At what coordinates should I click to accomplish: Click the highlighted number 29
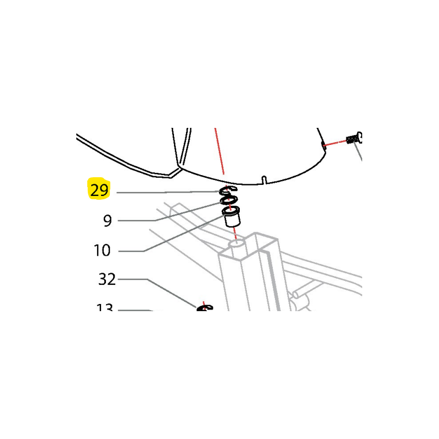pos(99,190)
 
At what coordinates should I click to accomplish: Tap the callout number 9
pos(107,221)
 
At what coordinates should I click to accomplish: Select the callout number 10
pos(102,251)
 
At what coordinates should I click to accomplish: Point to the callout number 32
pos(107,279)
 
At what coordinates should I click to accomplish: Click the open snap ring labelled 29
pos(228,190)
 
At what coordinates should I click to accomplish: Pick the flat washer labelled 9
pos(229,200)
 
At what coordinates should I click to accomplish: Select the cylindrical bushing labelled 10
pos(232,218)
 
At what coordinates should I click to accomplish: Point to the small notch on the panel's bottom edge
pos(264,179)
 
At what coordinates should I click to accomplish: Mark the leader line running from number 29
pos(165,192)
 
